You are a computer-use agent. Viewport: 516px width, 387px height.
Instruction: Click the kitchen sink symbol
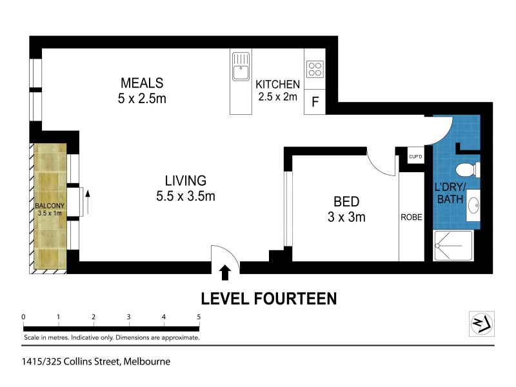(242, 70)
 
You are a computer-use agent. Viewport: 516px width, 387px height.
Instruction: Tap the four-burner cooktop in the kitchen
(315, 69)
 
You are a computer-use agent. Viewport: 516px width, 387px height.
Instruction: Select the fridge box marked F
(315, 101)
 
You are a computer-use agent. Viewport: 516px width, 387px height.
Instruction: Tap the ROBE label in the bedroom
(412, 217)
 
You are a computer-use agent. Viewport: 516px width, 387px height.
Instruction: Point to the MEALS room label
(142, 83)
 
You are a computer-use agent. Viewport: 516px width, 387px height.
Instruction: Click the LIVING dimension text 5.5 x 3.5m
(184, 196)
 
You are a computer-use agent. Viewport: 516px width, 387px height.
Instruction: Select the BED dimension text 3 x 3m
(346, 217)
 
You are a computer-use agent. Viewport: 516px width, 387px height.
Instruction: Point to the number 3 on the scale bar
(129, 317)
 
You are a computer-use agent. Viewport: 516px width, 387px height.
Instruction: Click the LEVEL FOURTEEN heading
(268, 299)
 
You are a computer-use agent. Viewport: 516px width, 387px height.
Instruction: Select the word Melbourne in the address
(147, 361)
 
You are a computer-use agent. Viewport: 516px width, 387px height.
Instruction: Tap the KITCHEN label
(277, 84)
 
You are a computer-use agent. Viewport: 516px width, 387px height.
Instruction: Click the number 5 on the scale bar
(199, 317)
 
